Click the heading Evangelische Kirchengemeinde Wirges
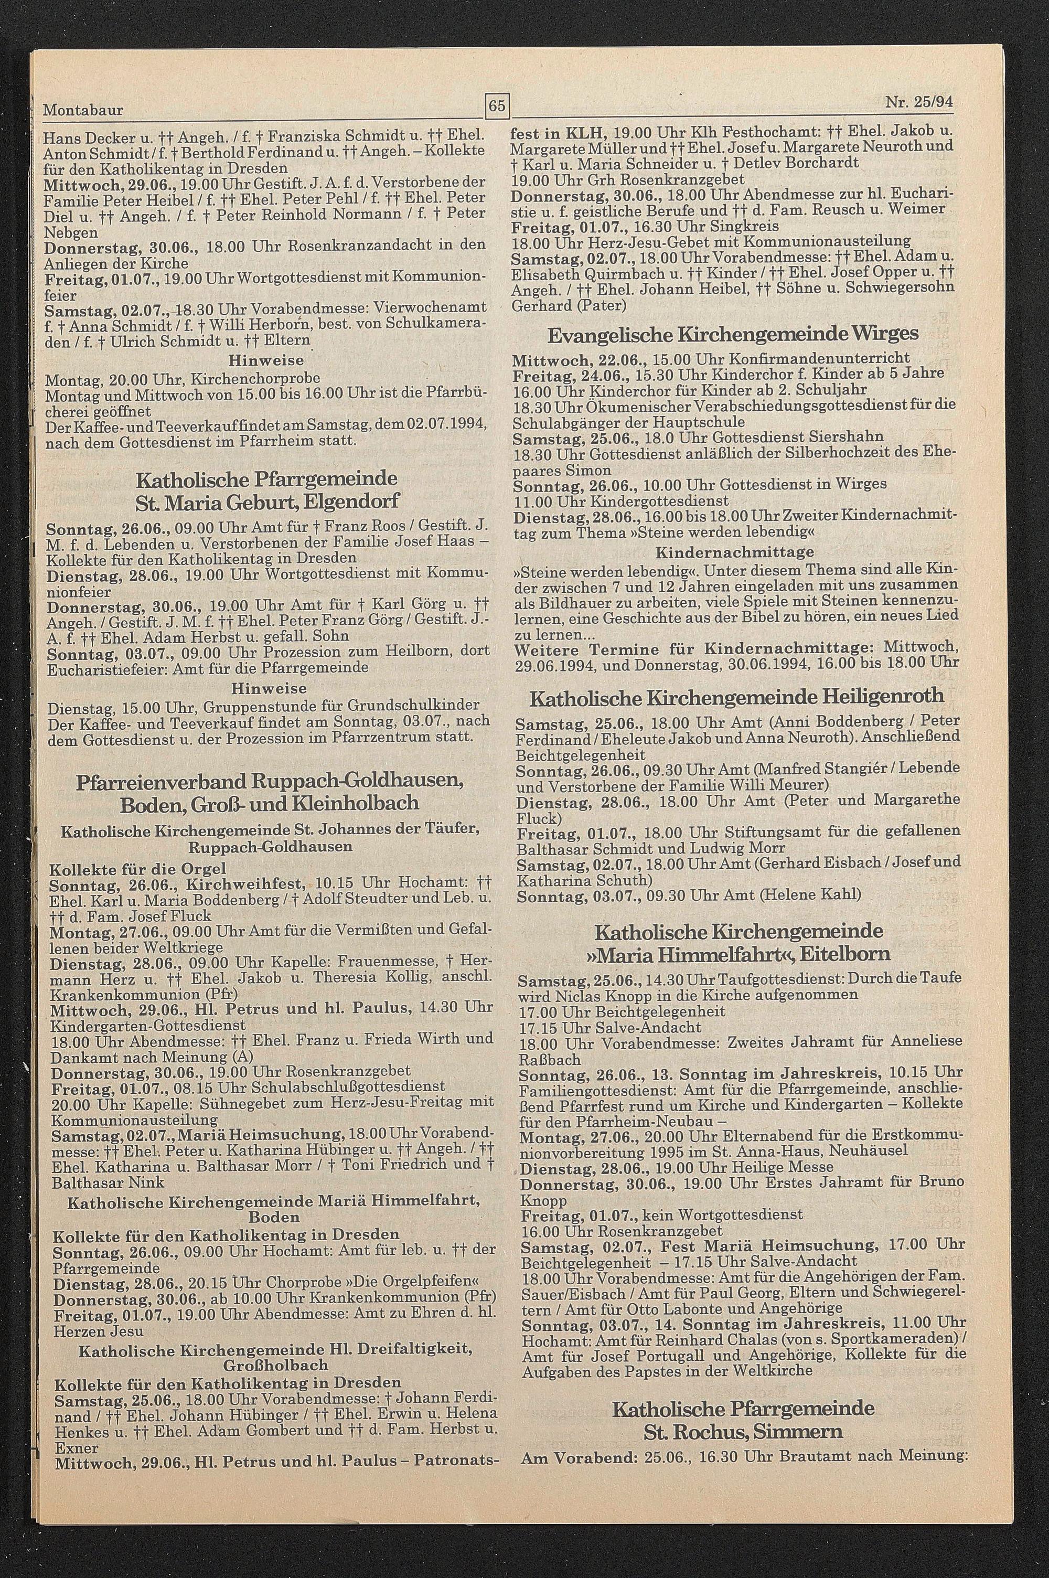pos(733,334)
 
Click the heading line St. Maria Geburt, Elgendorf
pos(267,501)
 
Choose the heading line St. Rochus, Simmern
pos(743,1483)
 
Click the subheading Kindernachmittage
pos(735,552)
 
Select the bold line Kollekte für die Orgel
pos(138,869)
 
